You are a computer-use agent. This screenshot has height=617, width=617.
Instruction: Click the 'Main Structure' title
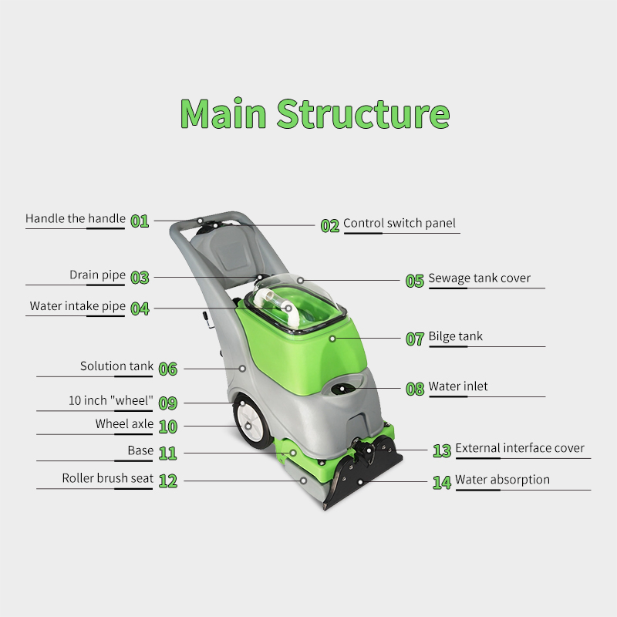315,113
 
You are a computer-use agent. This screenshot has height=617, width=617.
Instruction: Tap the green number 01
140,221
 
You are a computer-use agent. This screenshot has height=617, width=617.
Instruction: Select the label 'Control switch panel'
400,223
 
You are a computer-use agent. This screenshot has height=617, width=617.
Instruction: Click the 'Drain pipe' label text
97,275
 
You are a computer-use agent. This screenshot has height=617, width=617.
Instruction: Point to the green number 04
140,308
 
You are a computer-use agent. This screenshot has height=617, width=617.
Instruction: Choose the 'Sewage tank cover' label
479,278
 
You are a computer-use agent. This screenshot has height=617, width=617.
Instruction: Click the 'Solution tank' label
116,366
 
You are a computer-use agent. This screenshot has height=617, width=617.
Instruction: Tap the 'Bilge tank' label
455,336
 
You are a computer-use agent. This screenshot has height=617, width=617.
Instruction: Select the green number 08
415,389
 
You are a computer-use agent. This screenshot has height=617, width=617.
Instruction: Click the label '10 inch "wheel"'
111,401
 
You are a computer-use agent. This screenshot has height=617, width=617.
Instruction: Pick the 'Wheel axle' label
123,424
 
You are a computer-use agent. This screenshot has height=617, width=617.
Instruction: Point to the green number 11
168,453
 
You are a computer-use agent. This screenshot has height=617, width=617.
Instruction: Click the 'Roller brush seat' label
107,478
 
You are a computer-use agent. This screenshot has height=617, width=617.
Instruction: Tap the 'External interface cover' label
520,448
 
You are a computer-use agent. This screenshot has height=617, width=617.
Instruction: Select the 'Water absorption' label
502,480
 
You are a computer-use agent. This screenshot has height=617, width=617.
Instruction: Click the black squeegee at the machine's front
362,482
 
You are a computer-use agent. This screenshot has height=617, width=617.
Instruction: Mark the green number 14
442,483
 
